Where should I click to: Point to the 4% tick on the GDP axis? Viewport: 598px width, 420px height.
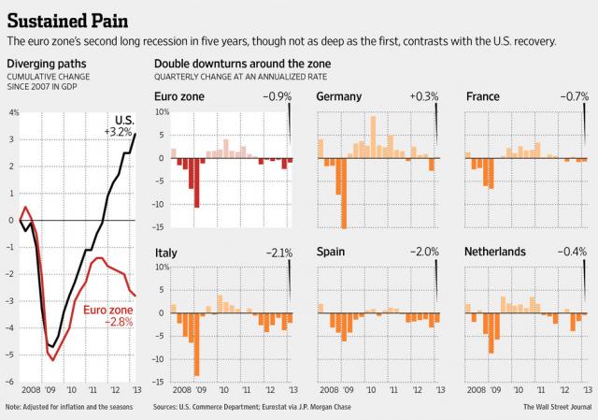13,112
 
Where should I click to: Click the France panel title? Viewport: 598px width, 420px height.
482,96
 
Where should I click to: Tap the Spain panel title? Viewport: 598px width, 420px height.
335,252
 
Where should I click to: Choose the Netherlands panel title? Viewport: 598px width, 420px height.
495,252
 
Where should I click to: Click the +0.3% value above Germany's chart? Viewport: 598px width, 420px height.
422,96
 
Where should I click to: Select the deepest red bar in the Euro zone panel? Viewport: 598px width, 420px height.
197,182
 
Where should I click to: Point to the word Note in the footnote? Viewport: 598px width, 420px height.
14,407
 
